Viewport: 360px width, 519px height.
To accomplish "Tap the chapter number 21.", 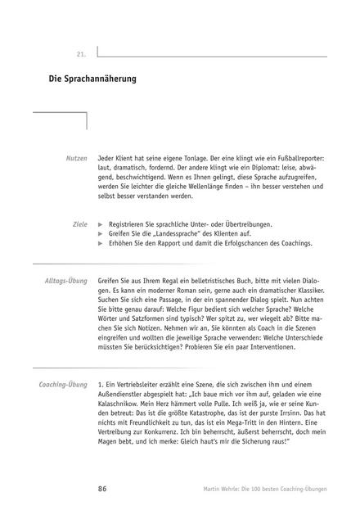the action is coord(81,54).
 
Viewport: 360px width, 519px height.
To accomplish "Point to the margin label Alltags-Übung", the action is coord(65,281).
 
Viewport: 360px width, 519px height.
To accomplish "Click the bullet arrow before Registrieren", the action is coord(100,223).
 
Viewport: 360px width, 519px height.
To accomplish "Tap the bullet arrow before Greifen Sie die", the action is coord(100,233).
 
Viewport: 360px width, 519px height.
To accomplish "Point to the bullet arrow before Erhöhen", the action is coord(100,244).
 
